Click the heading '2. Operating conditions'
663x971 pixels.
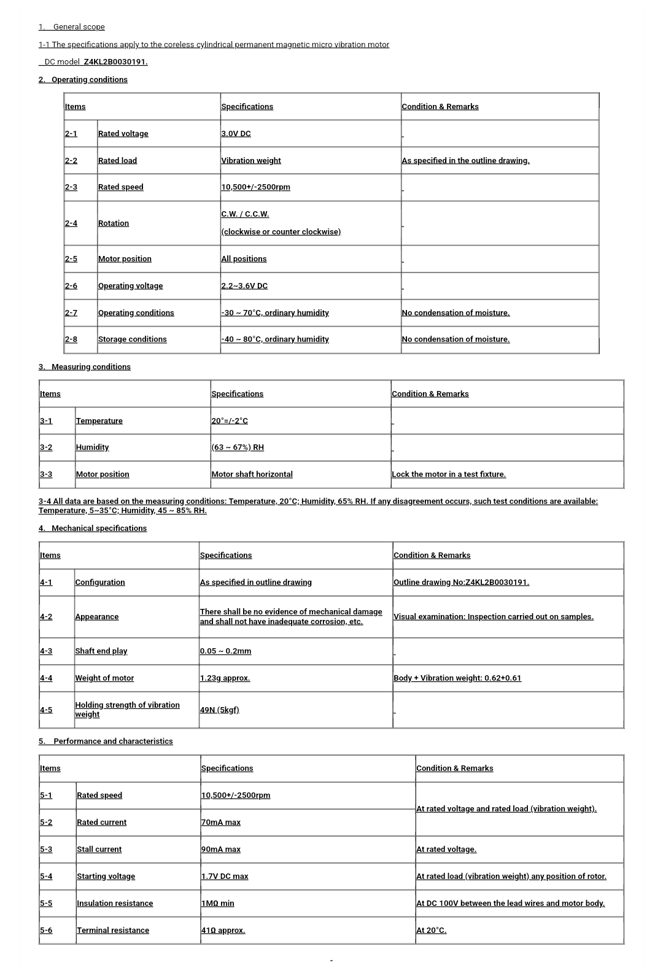(x=83, y=80)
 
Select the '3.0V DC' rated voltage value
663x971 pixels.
(x=236, y=134)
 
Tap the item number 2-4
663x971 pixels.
(x=71, y=223)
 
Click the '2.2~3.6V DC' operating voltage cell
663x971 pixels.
(x=244, y=286)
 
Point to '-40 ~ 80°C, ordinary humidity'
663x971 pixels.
(x=275, y=339)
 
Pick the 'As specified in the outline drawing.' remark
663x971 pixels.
(x=465, y=161)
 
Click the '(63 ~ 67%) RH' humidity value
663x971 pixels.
(x=238, y=447)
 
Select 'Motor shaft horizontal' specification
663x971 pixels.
(x=252, y=474)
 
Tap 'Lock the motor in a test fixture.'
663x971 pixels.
(x=449, y=474)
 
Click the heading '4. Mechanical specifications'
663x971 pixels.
(x=93, y=528)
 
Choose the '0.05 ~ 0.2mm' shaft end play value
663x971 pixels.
(x=225, y=651)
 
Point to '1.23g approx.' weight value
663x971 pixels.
(x=225, y=678)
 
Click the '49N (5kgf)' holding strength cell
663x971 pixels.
(x=219, y=710)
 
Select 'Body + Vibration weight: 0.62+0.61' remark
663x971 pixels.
(x=457, y=678)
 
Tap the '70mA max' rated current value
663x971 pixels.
(x=221, y=822)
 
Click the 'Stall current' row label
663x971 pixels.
(x=99, y=849)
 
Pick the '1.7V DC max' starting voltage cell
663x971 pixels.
(x=225, y=876)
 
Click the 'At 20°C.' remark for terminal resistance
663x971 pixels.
(x=431, y=930)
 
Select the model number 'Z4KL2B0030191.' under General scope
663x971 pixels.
(x=115, y=62)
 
